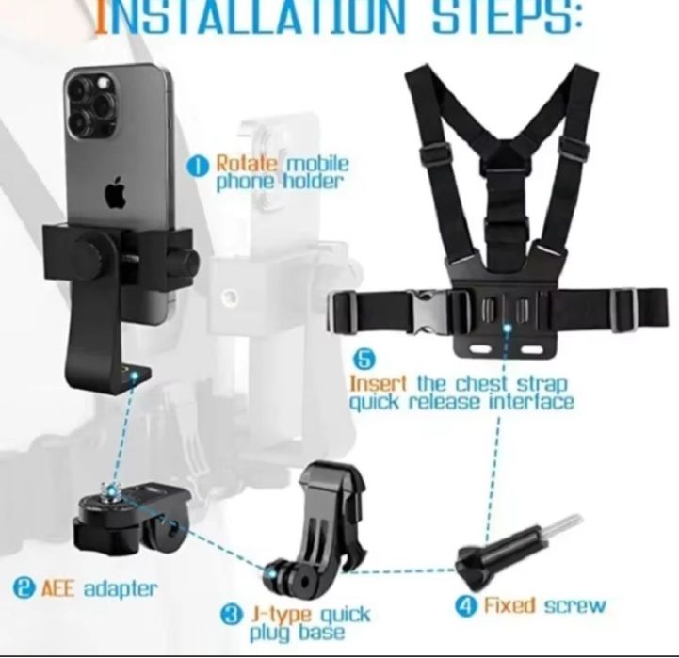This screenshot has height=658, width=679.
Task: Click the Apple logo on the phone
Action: [x=115, y=193]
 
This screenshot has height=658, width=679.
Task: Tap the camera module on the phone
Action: [x=92, y=105]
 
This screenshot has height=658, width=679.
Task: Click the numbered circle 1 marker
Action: [x=197, y=168]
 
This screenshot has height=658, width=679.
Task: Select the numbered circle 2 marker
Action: [x=24, y=588]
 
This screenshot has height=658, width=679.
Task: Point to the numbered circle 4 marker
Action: [x=466, y=605]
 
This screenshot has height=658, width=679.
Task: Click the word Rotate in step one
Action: [x=247, y=164]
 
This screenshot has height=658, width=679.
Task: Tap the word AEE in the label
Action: [x=58, y=588]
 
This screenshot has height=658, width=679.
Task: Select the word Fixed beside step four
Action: [x=509, y=605]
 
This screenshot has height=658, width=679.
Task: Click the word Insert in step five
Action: [x=378, y=383]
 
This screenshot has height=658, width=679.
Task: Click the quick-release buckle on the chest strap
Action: [x=427, y=312]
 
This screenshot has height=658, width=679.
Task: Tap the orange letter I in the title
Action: [x=101, y=17]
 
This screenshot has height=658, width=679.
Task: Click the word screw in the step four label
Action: [x=574, y=606]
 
